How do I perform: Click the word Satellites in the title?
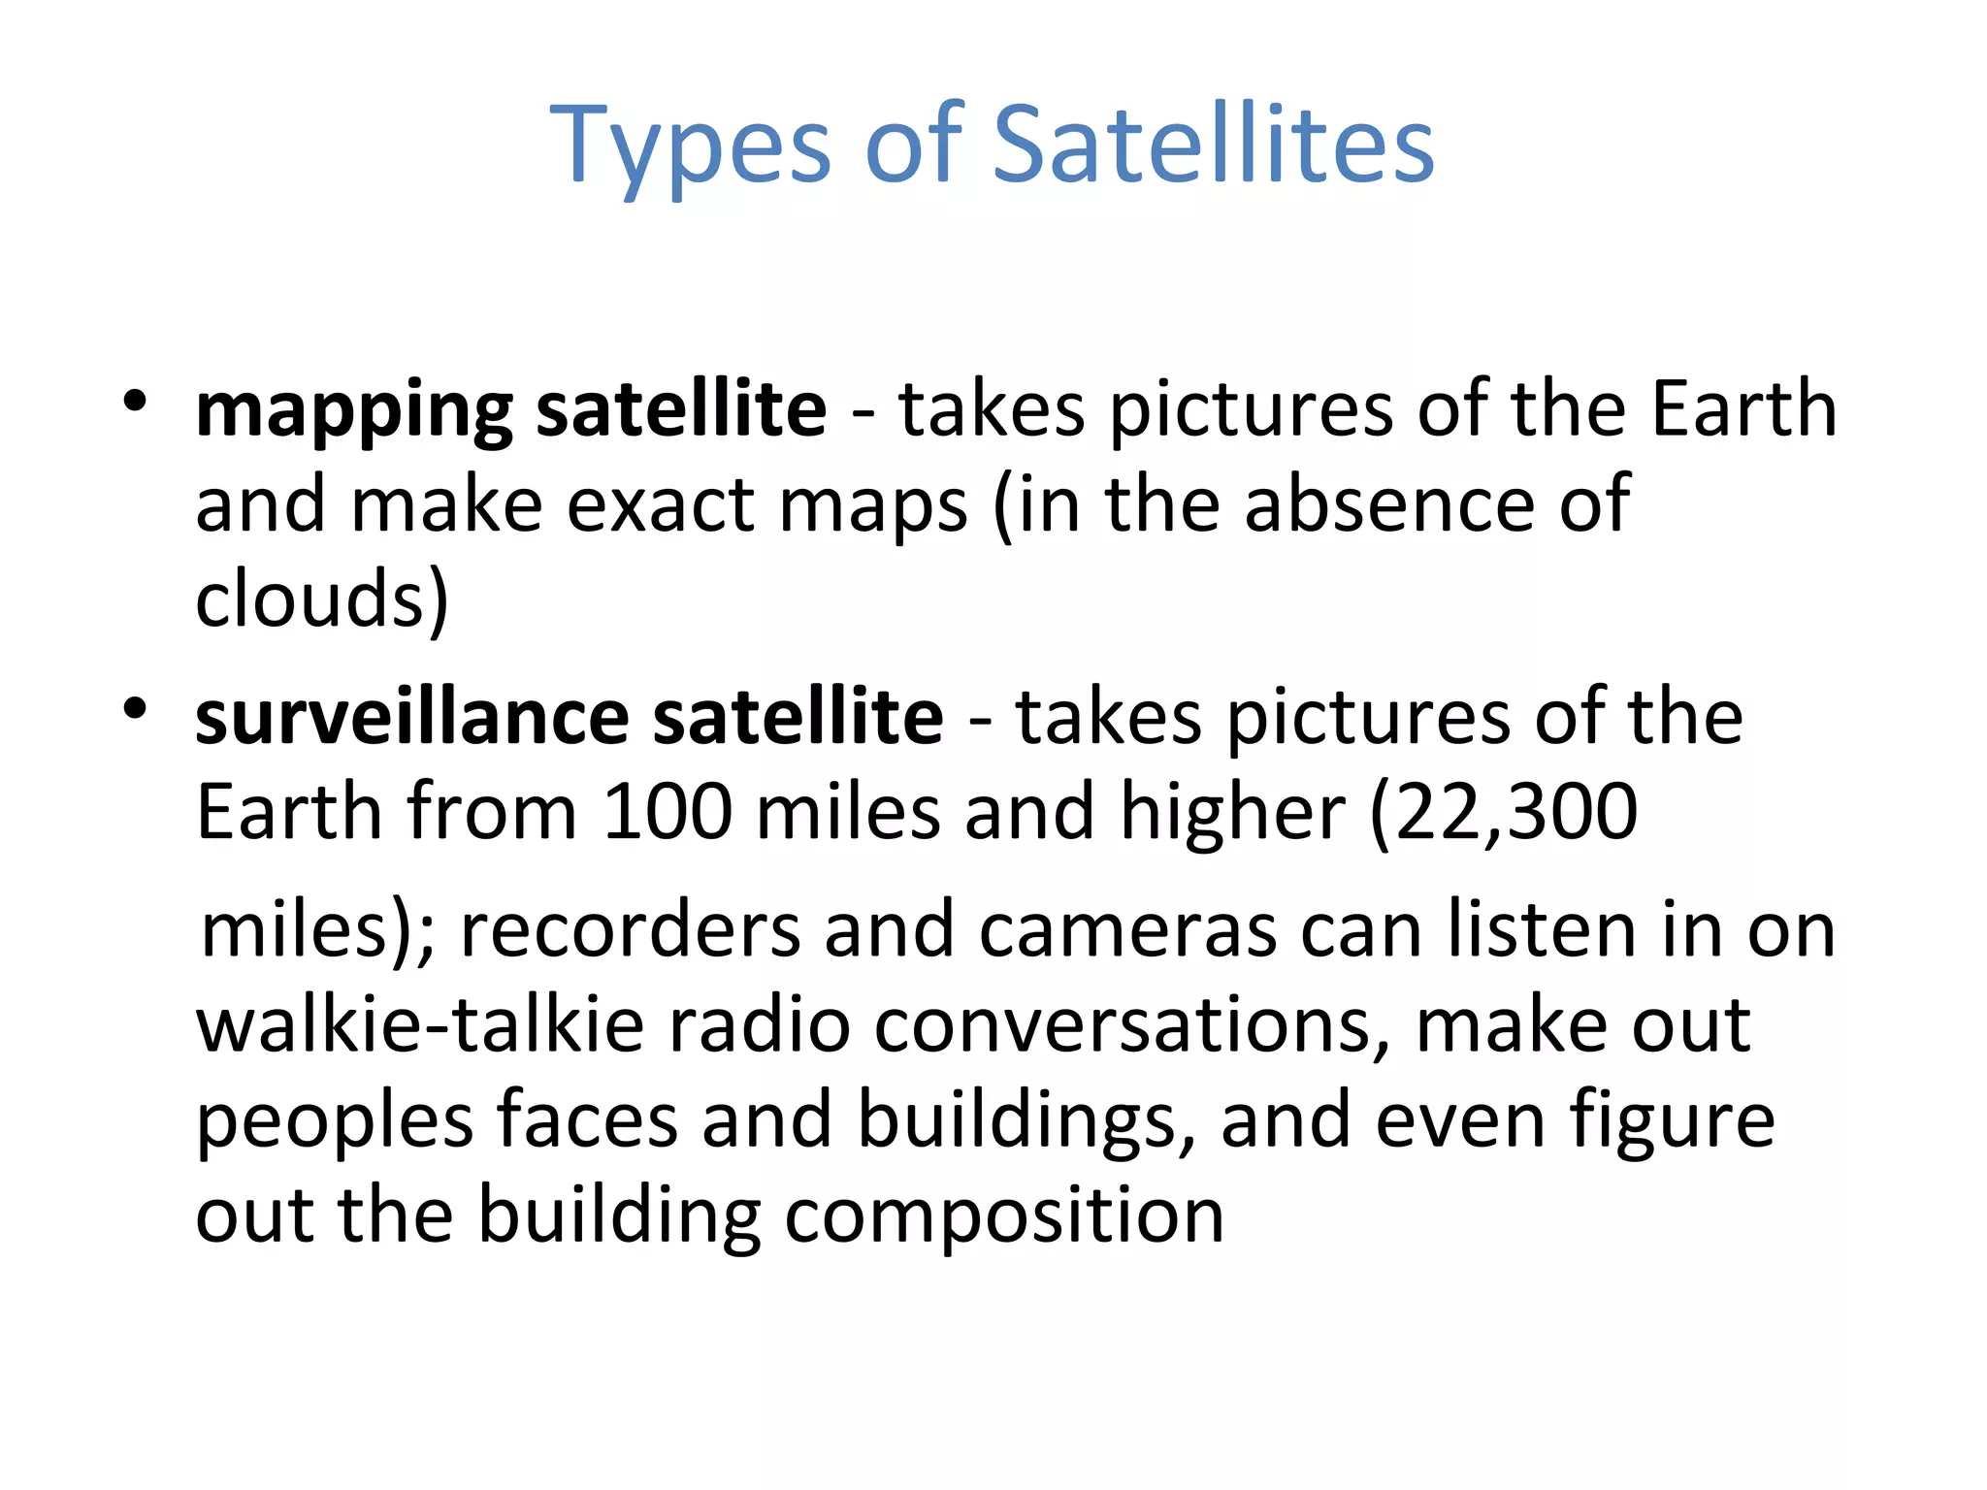1213,146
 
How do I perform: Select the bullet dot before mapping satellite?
135,401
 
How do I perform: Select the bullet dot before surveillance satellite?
135,709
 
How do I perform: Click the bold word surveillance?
412,718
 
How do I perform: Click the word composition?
1004,1217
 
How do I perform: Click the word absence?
1389,504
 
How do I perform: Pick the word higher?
1232,813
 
